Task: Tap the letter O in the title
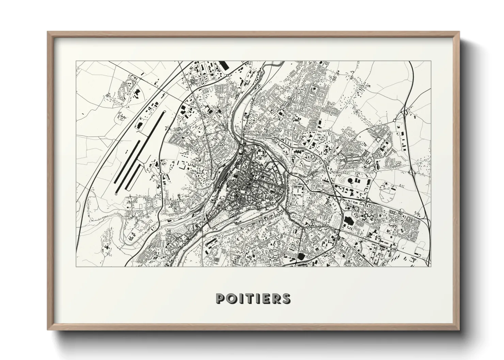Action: pyautogui.click(x=231, y=298)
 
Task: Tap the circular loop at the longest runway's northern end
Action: pyautogui.click(x=164, y=112)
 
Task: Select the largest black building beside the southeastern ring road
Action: pyautogui.click(x=348, y=220)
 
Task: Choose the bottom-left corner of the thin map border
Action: pyautogui.click(x=76, y=266)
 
